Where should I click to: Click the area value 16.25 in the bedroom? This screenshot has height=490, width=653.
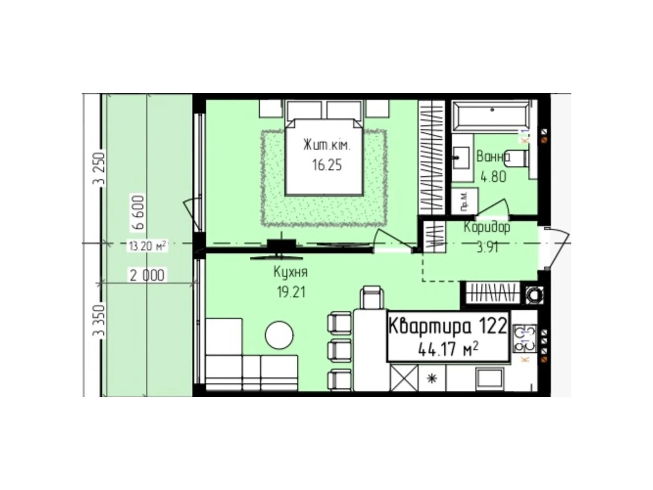point(326,165)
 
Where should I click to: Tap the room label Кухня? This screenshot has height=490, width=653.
point(290,272)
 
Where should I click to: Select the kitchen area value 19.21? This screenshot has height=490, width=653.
point(291,292)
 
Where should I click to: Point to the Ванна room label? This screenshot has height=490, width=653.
point(493,156)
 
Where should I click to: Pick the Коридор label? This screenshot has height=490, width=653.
point(486,227)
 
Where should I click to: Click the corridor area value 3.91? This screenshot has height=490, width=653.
point(488,247)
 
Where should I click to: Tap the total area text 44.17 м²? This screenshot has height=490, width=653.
point(448,350)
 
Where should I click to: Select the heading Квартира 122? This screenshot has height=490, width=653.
point(448,327)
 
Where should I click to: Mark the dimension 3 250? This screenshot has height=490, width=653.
point(99,169)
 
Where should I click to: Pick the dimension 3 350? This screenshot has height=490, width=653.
point(99,321)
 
